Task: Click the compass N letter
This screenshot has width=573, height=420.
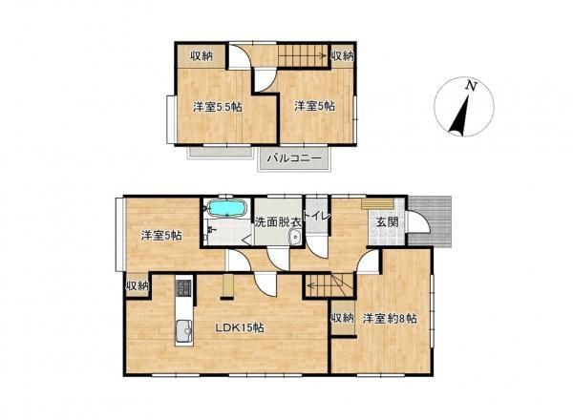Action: coord(469,87)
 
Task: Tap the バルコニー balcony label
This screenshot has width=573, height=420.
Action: coord(293,157)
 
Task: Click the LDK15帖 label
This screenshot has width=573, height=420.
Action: coord(239,327)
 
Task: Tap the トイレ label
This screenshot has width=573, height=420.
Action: coord(317,217)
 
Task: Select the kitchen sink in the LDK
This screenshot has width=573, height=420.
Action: coord(179,331)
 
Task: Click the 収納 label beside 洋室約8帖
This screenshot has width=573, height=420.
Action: coord(341,318)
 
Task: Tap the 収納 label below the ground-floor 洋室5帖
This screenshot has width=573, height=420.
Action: coord(137,285)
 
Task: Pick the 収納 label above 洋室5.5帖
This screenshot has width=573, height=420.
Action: coord(199,55)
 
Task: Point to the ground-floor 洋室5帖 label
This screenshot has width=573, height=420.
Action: coord(161,234)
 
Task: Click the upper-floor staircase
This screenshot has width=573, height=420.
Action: coord(303,55)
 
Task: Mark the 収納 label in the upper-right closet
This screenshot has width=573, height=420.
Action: coord(343,55)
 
